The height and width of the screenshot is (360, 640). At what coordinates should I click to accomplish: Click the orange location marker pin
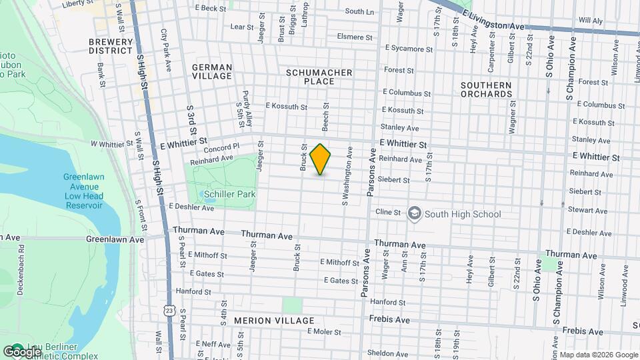pyautogui.click(x=321, y=159)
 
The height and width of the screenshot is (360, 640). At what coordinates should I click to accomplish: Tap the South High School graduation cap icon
pyautogui.click(x=414, y=213)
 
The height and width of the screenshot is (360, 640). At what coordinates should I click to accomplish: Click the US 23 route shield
pyautogui.click(x=169, y=311)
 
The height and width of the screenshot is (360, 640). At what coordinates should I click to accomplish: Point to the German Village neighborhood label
pyautogui.click(x=212, y=71)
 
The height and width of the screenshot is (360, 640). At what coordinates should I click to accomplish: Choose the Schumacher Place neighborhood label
pyautogui.click(x=310, y=76)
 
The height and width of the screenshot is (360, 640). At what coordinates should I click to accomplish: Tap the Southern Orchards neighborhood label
pyautogui.click(x=485, y=89)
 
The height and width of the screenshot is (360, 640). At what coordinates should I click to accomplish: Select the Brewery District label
pyautogui.click(x=111, y=45)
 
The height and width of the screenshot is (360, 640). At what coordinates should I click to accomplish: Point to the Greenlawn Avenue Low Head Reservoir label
pyautogui.click(x=83, y=191)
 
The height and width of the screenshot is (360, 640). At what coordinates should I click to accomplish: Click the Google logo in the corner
pyautogui.click(x=22, y=351)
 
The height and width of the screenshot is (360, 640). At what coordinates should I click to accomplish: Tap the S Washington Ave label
pyautogui.click(x=345, y=177)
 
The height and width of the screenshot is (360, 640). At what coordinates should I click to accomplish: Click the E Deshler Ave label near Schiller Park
pyautogui.click(x=191, y=208)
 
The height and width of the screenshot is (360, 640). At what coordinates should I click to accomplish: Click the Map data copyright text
pyautogui.click(x=597, y=355)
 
